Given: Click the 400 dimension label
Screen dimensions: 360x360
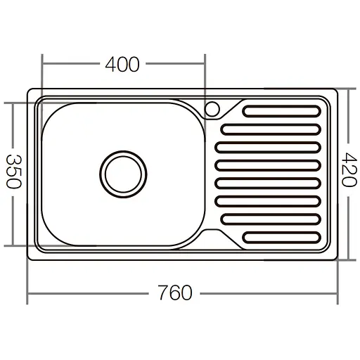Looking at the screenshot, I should [122, 65].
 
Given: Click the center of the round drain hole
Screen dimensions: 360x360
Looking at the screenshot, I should [123, 172].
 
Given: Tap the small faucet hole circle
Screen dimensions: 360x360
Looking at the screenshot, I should [212, 109].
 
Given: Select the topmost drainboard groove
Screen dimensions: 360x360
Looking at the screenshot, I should [283, 110].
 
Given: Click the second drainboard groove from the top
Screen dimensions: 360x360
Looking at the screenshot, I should [270, 129].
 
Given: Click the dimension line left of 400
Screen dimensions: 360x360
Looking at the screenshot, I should [70, 65].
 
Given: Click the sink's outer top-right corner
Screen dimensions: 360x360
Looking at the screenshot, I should [335, 90].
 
